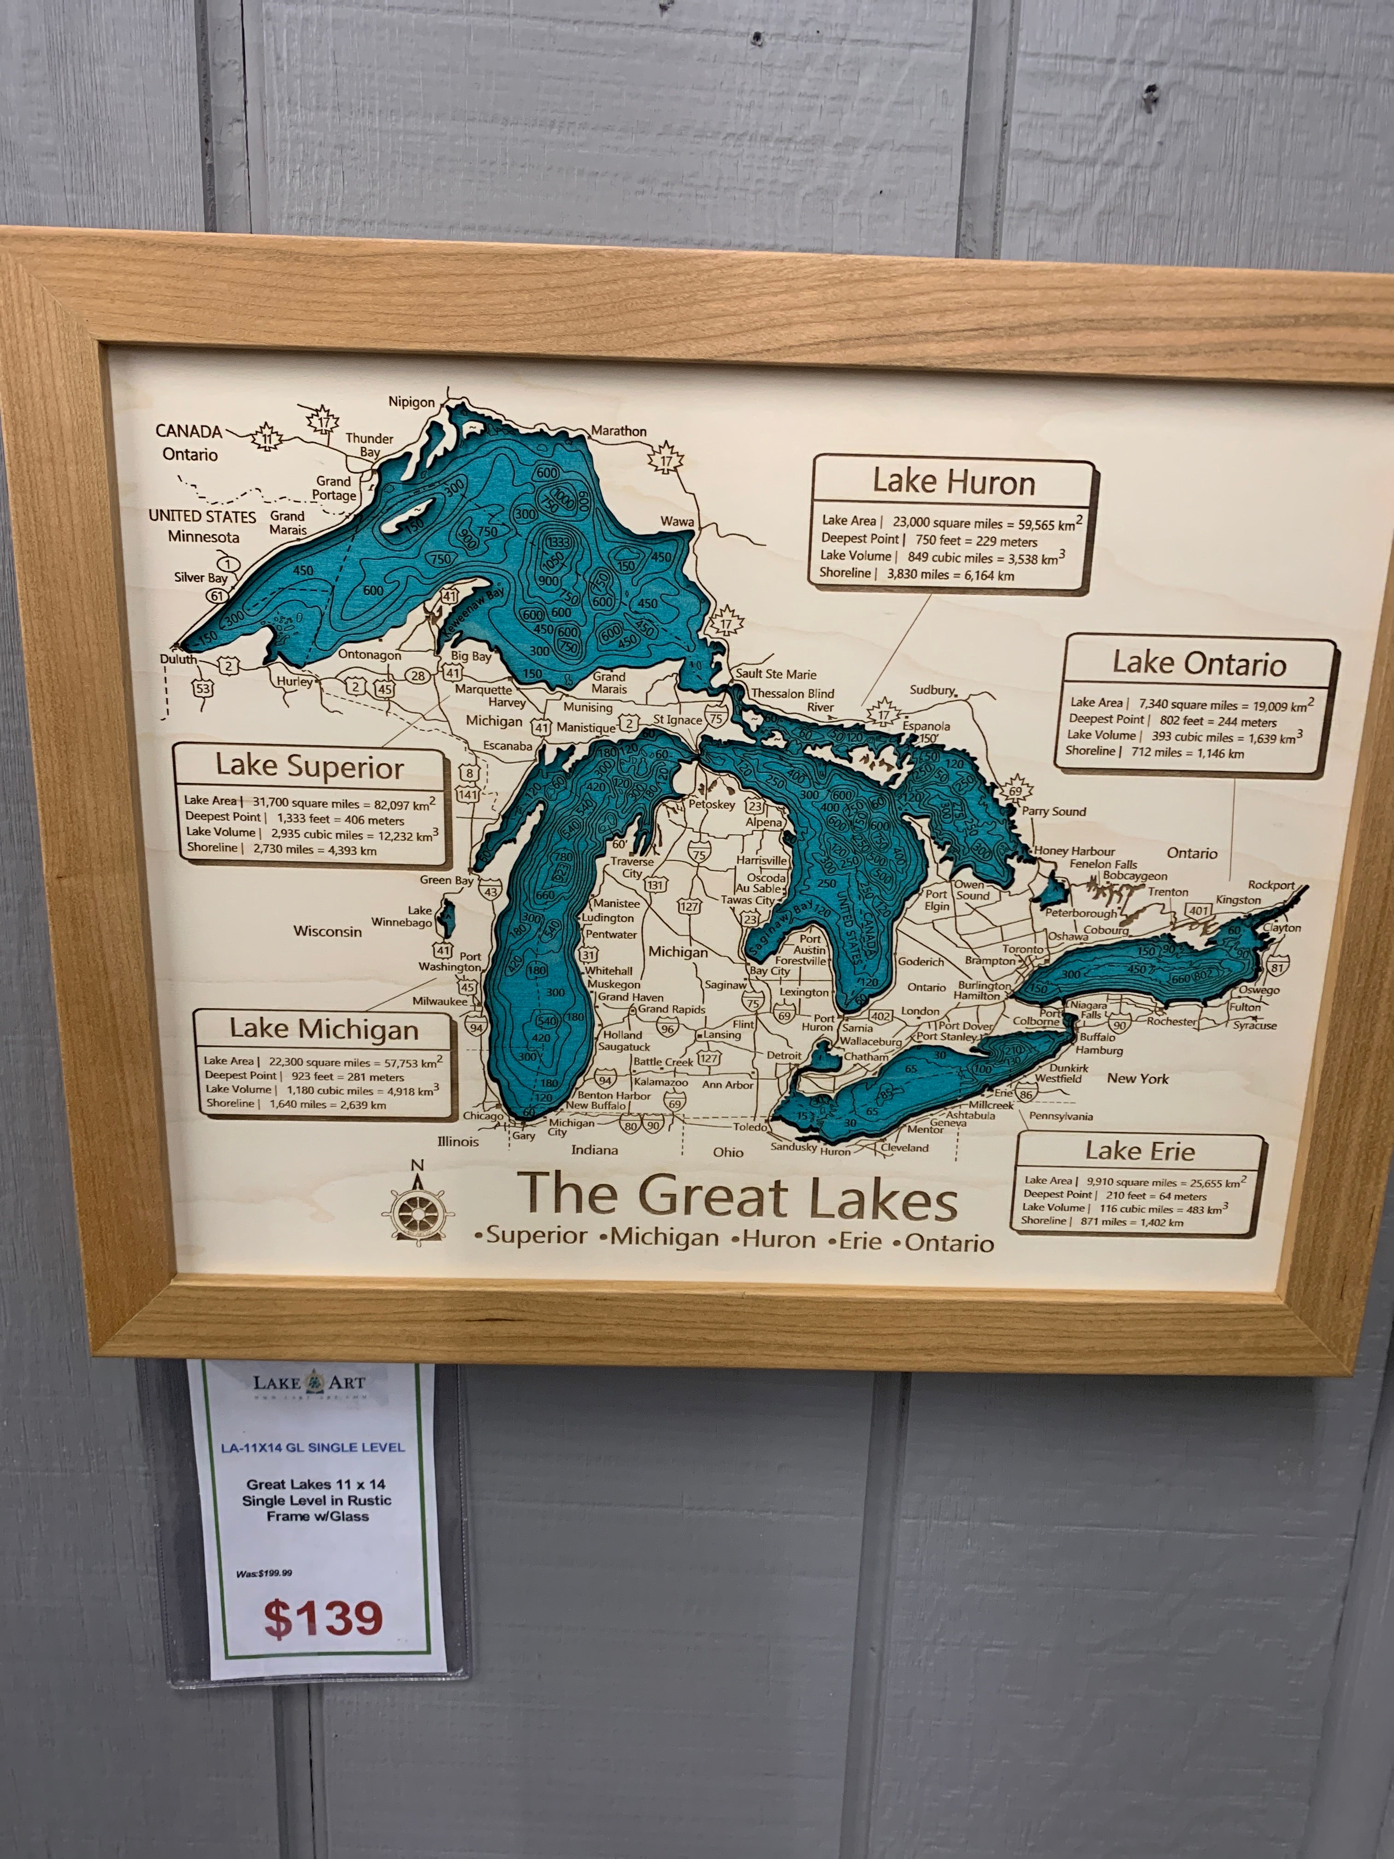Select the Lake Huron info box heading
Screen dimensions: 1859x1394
[953, 482]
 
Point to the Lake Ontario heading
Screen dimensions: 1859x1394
[1199, 664]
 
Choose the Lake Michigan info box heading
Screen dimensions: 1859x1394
[324, 1030]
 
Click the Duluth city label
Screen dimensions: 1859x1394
[178, 659]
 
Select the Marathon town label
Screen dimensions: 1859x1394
[619, 431]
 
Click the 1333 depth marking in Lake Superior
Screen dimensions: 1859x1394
[558, 542]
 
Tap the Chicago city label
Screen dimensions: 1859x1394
[483, 1116]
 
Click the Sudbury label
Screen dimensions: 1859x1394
[932, 690]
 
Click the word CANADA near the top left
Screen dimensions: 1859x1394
[189, 431]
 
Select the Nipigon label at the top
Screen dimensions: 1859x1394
[412, 402]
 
